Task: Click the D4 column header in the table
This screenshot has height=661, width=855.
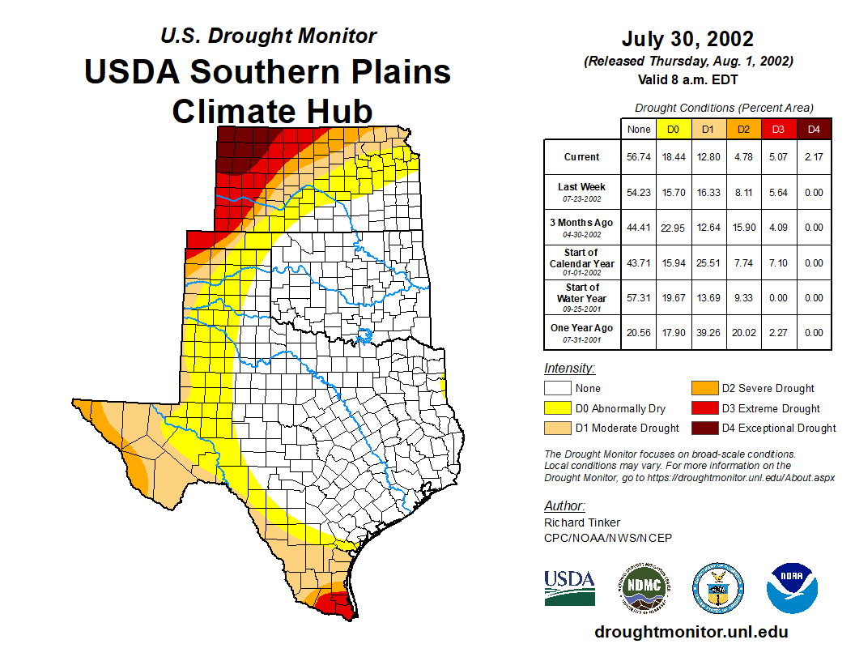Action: pyautogui.click(x=814, y=128)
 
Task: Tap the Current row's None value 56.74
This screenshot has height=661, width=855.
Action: pyautogui.click(x=639, y=157)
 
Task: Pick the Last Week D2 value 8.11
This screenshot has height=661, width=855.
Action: pyautogui.click(x=744, y=193)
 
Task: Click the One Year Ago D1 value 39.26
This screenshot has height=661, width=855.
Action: pyautogui.click(x=708, y=333)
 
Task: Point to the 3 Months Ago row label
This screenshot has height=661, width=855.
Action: pyautogui.click(x=581, y=227)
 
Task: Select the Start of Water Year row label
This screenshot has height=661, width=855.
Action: pyautogui.click(x=582, y=297)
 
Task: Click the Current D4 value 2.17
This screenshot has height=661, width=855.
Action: pyautogui.click(x=814, y=157)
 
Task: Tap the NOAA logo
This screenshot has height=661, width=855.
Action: pyautogui.click(x=793, y=588)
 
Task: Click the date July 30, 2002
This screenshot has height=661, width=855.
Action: pyautogui.click(x=687, y=39)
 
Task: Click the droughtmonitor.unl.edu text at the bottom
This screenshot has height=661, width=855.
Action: pyautogui.click(x=691, y=632)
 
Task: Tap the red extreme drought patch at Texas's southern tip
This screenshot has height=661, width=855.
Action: pyautogui.click(x=334, y=604)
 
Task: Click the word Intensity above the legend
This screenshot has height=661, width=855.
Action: pyautogui.click(x=569, y=369)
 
